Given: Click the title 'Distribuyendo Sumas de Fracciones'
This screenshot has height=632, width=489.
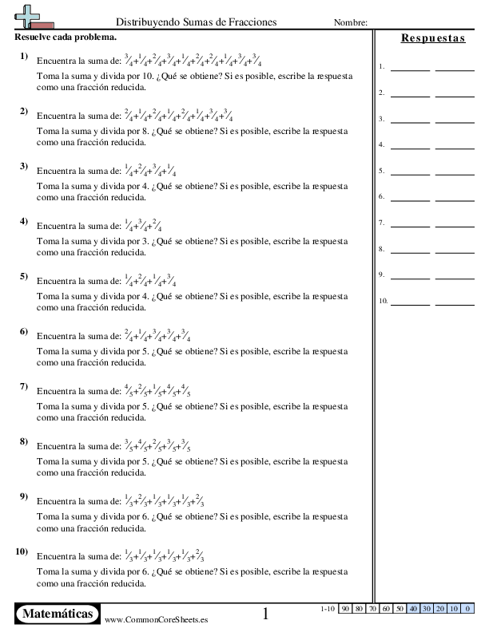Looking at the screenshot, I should coord(197,22).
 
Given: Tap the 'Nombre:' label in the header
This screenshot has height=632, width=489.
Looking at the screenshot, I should coord(350,23).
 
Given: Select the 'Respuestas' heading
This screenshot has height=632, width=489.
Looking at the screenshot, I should coord(432,38).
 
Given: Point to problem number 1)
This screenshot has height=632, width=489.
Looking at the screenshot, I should coord(25,56).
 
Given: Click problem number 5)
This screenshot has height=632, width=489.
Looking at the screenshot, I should coord(25,277).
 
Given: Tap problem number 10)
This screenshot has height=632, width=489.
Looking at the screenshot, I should coord(22,551).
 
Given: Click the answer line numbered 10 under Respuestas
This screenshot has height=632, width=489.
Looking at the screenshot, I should coord(432,302).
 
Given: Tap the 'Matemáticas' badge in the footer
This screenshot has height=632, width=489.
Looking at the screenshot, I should coord(58,613).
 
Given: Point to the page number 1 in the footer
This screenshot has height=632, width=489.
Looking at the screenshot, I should coord(266,614).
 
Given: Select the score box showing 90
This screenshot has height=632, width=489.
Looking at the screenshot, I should coord(345,609).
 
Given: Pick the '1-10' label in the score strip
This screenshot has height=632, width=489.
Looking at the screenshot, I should coord(327,609).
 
